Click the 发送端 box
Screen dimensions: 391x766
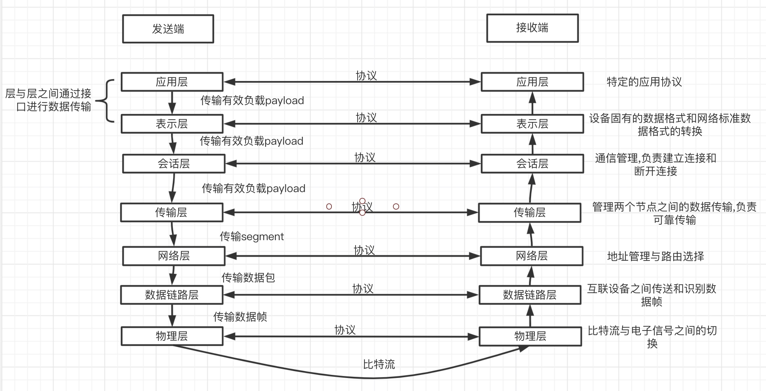[x=168, y=29]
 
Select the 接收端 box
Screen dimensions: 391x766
[x=532, y=28]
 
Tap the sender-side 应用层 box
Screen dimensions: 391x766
[x=172, y=82]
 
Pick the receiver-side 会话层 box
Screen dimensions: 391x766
[x=532, y=164]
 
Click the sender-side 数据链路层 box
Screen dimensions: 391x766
[x=172, y=295]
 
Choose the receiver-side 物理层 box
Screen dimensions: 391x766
[x=530, y=336]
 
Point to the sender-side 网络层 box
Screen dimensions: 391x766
[x=173, y=256]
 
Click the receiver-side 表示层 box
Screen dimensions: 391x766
[x=532, y=124]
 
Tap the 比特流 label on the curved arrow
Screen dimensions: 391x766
[x=379, y=364]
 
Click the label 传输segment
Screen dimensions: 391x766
[x=251, y=237]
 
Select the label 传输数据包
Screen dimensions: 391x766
[x=248, y=278]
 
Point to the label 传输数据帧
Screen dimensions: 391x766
[x=240, y=317]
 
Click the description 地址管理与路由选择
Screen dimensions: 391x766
[x=655, y=256]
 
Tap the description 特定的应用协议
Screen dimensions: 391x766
[x=644, y=82]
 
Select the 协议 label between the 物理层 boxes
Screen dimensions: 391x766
[x=345, y=330]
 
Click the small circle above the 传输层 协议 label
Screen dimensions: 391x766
[x=362, y=201]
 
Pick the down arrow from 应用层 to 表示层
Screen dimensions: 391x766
[x=172, y=102]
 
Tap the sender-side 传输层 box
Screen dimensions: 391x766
[x=171, y=213]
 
